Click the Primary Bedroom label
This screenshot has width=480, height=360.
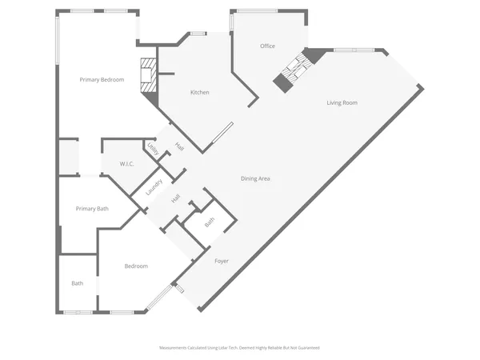pyautogui.click(x=101, y=79)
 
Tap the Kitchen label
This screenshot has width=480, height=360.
pyautogui.click(x=199, y=93)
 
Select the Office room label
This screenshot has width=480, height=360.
pyautogui.click(x=267, y=46)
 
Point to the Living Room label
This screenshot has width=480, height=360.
pyautogui.click(x=342, y=102)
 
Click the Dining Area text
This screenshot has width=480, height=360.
pyautogui.click(x=255, y=178)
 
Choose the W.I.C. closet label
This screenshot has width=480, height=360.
pyautogui.click(x=126, y=164)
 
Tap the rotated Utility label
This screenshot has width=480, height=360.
pyautogui.click(x=152, y=150)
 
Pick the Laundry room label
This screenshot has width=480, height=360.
pyautogui.click(x=154, y=187)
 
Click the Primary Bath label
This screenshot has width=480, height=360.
pyautogui.click(x=91, y=209)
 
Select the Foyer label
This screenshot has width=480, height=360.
pyautogui.click(x=222, y=261)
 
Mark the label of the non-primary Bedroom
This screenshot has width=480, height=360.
pyautogui.click(x=136, y=266)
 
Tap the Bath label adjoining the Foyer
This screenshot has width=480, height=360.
pyautogui.click(x=209, y=223)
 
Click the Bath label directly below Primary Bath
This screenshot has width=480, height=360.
pyautogui.click(x=77, y=283)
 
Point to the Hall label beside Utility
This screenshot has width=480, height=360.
pyautogui.click(x=179, y=148)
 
